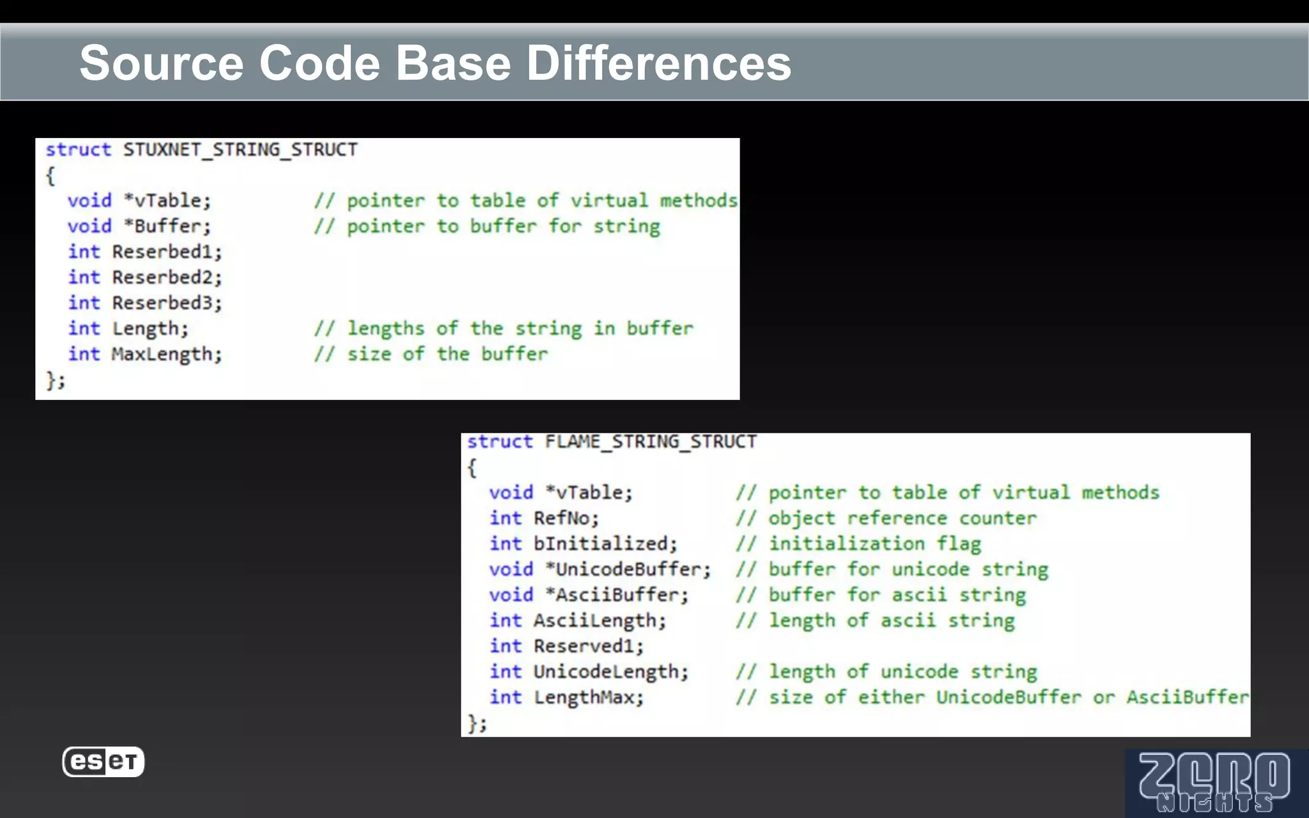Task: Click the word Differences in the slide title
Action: (658, 63)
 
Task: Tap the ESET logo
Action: (104, 762)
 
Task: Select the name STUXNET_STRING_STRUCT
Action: (240, 150)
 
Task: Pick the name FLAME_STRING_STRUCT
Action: (651, 442)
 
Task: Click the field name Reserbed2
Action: (167, 277)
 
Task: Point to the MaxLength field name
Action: (166, 354)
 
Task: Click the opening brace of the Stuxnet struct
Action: (50, 176)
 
